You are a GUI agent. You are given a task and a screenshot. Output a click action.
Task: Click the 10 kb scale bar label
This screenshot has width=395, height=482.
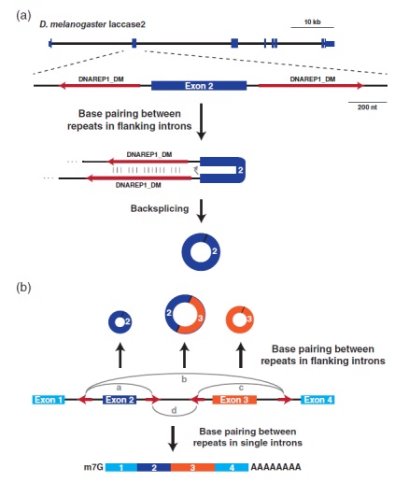click(x=312, y=21)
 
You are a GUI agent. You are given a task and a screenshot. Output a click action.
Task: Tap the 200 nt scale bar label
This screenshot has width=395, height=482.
click(x=367, y=107)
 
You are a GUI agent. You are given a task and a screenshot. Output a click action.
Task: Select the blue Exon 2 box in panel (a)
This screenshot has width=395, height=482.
click(x=199, y=86)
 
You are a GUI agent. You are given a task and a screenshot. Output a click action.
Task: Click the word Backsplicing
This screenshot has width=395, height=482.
click(x=160, y=208)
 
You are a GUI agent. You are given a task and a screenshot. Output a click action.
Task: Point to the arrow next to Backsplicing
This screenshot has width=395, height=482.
click(x=202, y=211)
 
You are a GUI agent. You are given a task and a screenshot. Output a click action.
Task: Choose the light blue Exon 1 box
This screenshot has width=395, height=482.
click(x=49, y=400)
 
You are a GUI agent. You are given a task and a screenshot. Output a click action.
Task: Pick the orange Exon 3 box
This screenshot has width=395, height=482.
click(x=234, y=400)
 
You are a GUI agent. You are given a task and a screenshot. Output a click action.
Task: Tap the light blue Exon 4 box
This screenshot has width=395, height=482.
click(x=317, y=400)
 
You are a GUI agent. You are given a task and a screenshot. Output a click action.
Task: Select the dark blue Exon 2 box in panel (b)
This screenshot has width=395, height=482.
click(x=120, y=400)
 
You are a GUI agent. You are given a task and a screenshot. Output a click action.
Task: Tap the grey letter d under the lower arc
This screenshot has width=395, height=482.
click(x=174, y=410)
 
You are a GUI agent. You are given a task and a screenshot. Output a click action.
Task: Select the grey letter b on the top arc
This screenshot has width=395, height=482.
click(x=184, y=379)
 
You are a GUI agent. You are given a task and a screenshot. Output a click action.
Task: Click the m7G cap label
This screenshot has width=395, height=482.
click(x=93, y=467)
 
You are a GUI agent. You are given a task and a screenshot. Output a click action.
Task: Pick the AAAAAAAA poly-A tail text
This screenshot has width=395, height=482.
click(x=275, y=467)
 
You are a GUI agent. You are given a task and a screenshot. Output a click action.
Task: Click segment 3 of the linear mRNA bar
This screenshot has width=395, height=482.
click(x=192, y=467)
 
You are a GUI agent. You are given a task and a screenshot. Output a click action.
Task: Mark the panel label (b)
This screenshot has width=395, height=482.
click(x=23, y=287)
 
